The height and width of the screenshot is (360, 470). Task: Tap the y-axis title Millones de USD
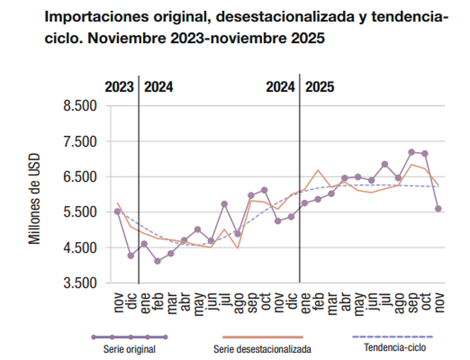[34, 198]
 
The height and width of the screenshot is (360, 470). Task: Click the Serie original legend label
[129, 349]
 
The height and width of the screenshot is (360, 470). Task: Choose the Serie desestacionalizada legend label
[262, 349]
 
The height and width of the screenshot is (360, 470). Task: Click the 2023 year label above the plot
[119, 87]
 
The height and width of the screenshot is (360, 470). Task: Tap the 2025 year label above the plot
[319, 87]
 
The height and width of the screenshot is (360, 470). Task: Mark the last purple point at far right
[438, 209]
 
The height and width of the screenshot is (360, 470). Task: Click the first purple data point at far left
[117, 211]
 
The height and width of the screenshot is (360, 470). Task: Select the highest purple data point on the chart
[411, 152]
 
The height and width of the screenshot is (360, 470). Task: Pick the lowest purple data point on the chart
[157, 261]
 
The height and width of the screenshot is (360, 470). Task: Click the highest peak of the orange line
[411, 164]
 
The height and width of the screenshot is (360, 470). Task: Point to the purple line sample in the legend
[129, 337]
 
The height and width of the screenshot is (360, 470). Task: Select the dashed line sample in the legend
[393, 337]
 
